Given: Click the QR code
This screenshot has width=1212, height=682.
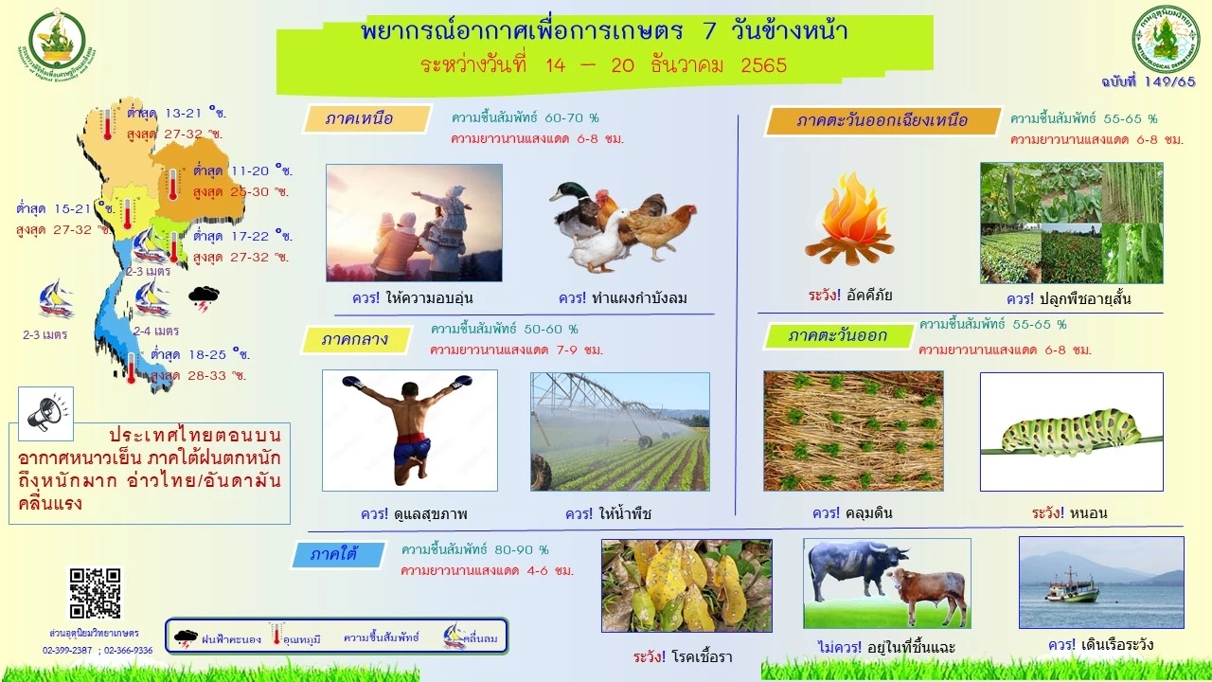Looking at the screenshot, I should point(96,594).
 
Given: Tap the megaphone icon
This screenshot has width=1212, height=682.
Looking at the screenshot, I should point(45,414).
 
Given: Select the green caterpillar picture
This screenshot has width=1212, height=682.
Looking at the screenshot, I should point(1071,432).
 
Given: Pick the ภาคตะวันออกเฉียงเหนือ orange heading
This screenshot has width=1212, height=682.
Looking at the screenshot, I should point(882,121).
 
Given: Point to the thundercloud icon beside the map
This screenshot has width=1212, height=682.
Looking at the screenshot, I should point(204,297).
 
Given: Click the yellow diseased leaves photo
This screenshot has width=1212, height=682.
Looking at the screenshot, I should point(686,585).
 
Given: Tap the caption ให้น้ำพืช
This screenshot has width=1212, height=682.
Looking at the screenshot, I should point(623,514).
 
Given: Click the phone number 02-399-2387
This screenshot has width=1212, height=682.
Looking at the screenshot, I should point(67,650).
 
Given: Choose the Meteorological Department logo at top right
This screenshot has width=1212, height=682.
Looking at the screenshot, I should point(1167,39).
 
